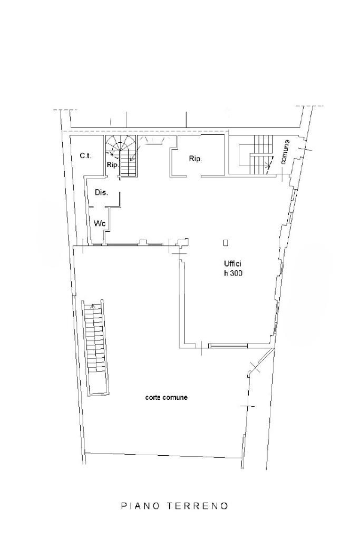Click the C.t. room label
85,156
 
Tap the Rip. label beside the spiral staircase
112,165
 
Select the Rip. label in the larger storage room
196,159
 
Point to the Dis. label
101,193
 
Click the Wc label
100,223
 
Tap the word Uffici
232,264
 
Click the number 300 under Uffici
236,274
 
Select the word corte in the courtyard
153,397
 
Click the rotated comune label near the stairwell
285,152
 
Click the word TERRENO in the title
198,506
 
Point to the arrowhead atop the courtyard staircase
92,306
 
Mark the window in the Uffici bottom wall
228,346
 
